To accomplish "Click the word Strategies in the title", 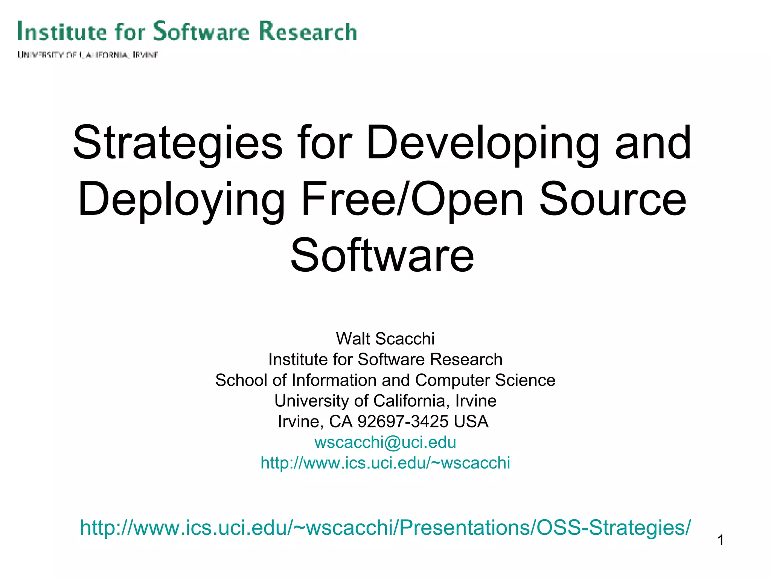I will click(177, 143).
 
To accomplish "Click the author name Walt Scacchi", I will click(385, 339).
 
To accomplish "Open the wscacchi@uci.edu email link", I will click(385, 442).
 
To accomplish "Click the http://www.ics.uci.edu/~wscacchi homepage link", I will click(385, 463).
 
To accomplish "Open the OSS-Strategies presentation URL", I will click(385, 528).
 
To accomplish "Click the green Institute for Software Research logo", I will click(187, 31).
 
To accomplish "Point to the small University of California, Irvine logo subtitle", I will click(87, 55).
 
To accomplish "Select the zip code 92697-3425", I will click(403, 421).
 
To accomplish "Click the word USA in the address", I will click(471, 421).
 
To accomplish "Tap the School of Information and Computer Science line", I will click(385, 380).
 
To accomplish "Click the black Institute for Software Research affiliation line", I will click(385, 359).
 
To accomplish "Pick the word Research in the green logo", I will click(308, 31).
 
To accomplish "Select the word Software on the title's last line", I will click(382, 256).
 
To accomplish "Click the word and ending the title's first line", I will click(653, 143).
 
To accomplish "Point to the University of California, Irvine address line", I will click(385, 401).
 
